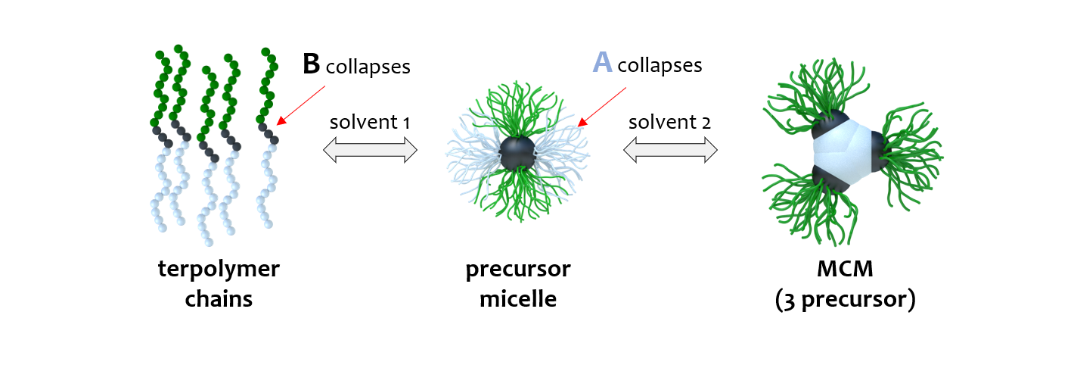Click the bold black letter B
pos(311,64)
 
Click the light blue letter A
pos(602,63)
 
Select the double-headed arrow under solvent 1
pos(370,151)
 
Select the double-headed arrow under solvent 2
pos(670,151)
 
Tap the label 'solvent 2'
pos(669,122)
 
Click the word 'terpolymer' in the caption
pos(219,270)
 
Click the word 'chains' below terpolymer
pos(219,298)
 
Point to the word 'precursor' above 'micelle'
pos(518,270)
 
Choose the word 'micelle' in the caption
pos(518,298)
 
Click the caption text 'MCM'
pos(846,270)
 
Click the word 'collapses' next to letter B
pos(368,67)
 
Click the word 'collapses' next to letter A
pos(660,66)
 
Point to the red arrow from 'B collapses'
pos(301,104)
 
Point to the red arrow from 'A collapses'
pos(602,105)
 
